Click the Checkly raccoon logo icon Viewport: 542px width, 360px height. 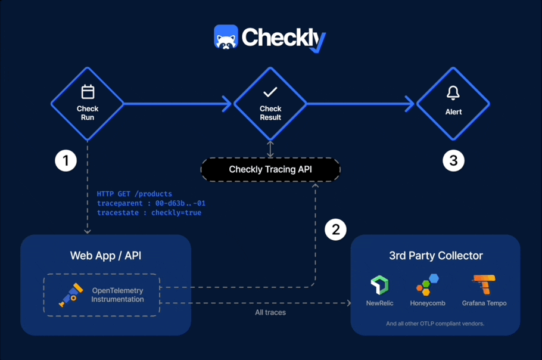(226, 37)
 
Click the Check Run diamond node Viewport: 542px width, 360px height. (88, 104)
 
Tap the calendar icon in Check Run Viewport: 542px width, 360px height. (88, 92)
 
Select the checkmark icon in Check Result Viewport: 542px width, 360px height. (270, 92)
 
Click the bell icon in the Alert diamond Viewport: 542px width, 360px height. (453, 93)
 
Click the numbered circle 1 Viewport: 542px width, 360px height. (66, 160)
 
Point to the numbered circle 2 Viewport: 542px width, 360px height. (336, 229)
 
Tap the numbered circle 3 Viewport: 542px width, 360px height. (453, 160)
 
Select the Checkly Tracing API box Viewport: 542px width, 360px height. (270, 170)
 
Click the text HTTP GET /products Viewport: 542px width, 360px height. (134, 194)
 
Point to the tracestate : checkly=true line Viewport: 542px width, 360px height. (149, 213)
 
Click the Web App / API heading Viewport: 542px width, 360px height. (105, 256)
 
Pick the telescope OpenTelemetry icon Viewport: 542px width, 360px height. (71, 295)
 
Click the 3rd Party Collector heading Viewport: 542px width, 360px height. (435, 256)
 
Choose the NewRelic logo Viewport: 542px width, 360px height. (379, 285)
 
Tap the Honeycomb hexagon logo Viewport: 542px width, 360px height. (428, 285)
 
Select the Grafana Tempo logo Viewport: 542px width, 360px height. (484, 284)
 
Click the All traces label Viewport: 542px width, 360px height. (270, 312)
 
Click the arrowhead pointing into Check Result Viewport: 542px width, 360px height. (228, 104)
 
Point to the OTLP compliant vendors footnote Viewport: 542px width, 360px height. (435, 324)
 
